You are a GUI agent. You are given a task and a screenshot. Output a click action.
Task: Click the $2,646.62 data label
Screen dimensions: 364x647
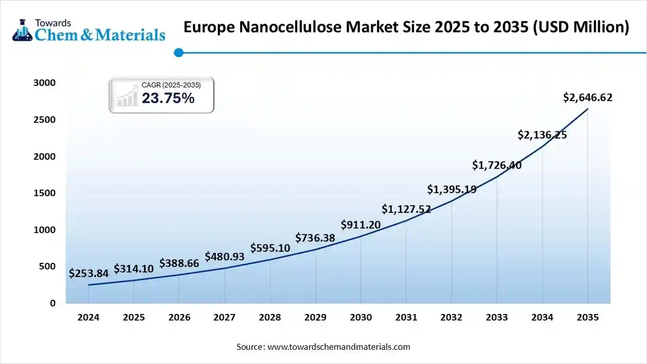coord(588,97)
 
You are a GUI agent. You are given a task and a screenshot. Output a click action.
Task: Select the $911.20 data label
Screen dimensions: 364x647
coord(360,225)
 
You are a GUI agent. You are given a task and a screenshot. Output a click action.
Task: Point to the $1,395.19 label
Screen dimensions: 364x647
coord(451,189)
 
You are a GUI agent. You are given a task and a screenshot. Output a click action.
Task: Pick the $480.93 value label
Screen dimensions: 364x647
coord(225,257)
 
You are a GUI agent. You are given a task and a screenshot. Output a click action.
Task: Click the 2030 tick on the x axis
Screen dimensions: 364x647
coord(360,318)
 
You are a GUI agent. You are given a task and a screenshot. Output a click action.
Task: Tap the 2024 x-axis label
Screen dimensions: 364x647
coord(88,318)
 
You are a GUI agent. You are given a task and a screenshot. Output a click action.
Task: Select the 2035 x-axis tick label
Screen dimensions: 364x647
coord(588,318)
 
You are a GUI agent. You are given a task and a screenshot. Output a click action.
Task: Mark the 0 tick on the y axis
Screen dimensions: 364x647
coord(53,303)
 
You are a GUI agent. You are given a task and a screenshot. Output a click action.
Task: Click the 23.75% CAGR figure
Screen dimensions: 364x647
coord(168,98)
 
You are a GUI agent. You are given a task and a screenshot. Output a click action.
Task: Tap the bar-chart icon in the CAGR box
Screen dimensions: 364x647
coord(127,98)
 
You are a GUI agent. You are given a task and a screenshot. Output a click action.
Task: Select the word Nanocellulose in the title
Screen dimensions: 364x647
coord(287,27)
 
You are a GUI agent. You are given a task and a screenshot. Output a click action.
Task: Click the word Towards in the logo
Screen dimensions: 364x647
coord(52,23)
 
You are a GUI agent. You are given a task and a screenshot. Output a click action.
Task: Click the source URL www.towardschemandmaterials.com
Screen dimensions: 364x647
coord(339,347)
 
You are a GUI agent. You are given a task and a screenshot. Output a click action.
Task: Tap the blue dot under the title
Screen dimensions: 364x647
coord(178,52)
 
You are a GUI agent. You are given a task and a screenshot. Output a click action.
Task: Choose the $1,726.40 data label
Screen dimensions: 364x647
coord(497,165)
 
